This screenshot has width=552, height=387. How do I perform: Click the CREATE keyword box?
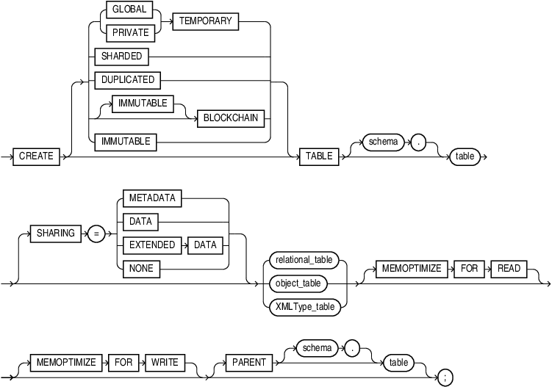37,156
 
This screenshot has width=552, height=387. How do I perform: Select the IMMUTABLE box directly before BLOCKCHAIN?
143,104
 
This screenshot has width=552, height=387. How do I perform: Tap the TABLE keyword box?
319,156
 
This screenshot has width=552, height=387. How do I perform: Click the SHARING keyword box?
57,234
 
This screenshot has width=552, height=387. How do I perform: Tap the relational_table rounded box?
304,260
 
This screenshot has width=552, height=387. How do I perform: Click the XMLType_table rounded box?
304,307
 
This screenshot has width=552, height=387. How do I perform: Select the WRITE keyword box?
164,362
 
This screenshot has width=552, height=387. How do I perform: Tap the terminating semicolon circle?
445,377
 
